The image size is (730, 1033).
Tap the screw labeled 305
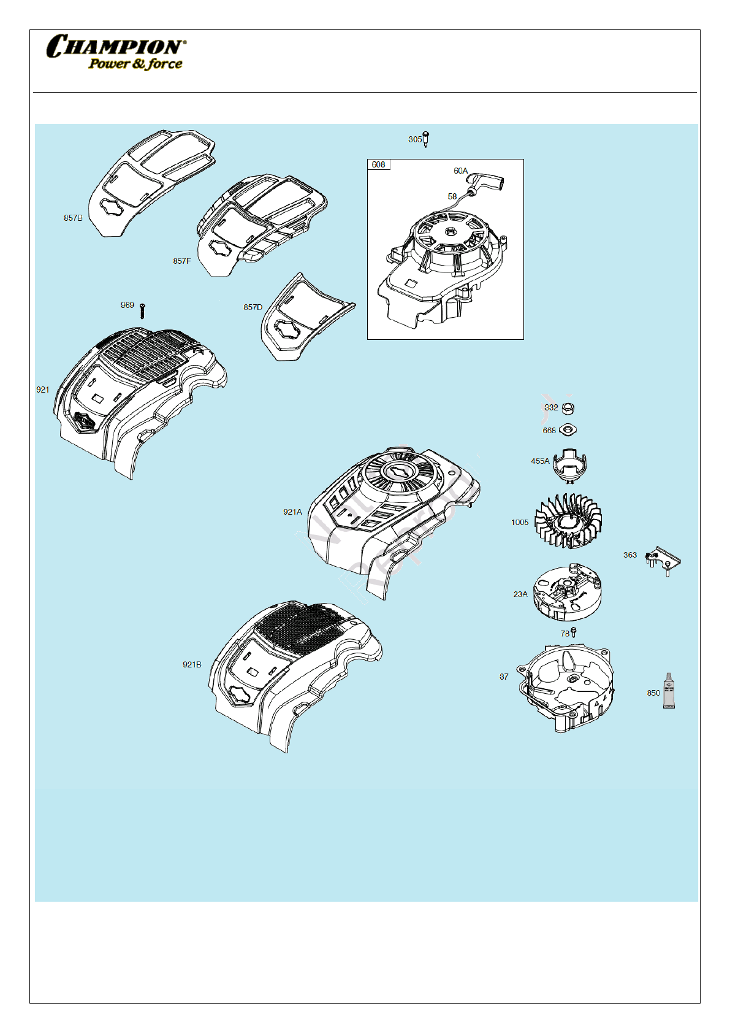[427, 139]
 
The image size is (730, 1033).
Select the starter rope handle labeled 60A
[488, 182]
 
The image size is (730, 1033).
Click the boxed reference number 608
[379, 164]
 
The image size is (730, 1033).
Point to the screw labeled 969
[143, 311]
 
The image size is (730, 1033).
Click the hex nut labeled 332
[568, 407]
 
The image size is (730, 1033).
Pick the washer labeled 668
[568, 430]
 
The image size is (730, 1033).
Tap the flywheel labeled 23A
[567, 592]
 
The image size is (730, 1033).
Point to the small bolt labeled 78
[574, 632]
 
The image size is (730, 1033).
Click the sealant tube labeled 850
[669, 691]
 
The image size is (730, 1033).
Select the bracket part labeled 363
[664, 559]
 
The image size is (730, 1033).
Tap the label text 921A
[292, 512]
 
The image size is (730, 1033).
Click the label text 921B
[192, 664]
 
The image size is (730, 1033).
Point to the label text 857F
[181, 261]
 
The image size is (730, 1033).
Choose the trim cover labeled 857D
[303, 319]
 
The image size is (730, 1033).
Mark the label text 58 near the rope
[452, 196]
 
